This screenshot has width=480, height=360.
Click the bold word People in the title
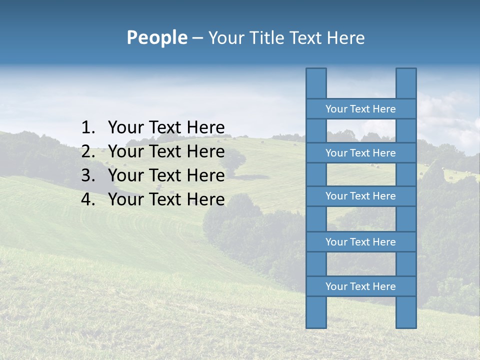(x=156, y=38)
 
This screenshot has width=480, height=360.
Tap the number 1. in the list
(x=88, y=128)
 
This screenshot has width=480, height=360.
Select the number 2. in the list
(x=88, y=151)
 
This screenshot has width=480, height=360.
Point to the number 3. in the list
(x=88, y=175)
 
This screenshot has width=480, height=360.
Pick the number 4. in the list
(x=88, y=199)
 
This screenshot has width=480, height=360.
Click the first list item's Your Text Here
(x=166, y=128)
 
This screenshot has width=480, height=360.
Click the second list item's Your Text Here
(x=166, y=151)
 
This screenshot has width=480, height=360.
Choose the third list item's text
(x=166, y=175)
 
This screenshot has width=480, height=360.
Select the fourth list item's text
(x=166, y=199)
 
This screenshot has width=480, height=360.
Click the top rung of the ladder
(x=360, y=109)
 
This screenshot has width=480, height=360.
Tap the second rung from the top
(x=360, y=153)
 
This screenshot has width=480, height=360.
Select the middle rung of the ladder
(x=360, y=196)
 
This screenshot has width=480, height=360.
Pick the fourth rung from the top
(x=360, y=242)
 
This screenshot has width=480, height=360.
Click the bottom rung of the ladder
(x=360, y=286)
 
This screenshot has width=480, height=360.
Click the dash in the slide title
(x=197, y=38)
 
